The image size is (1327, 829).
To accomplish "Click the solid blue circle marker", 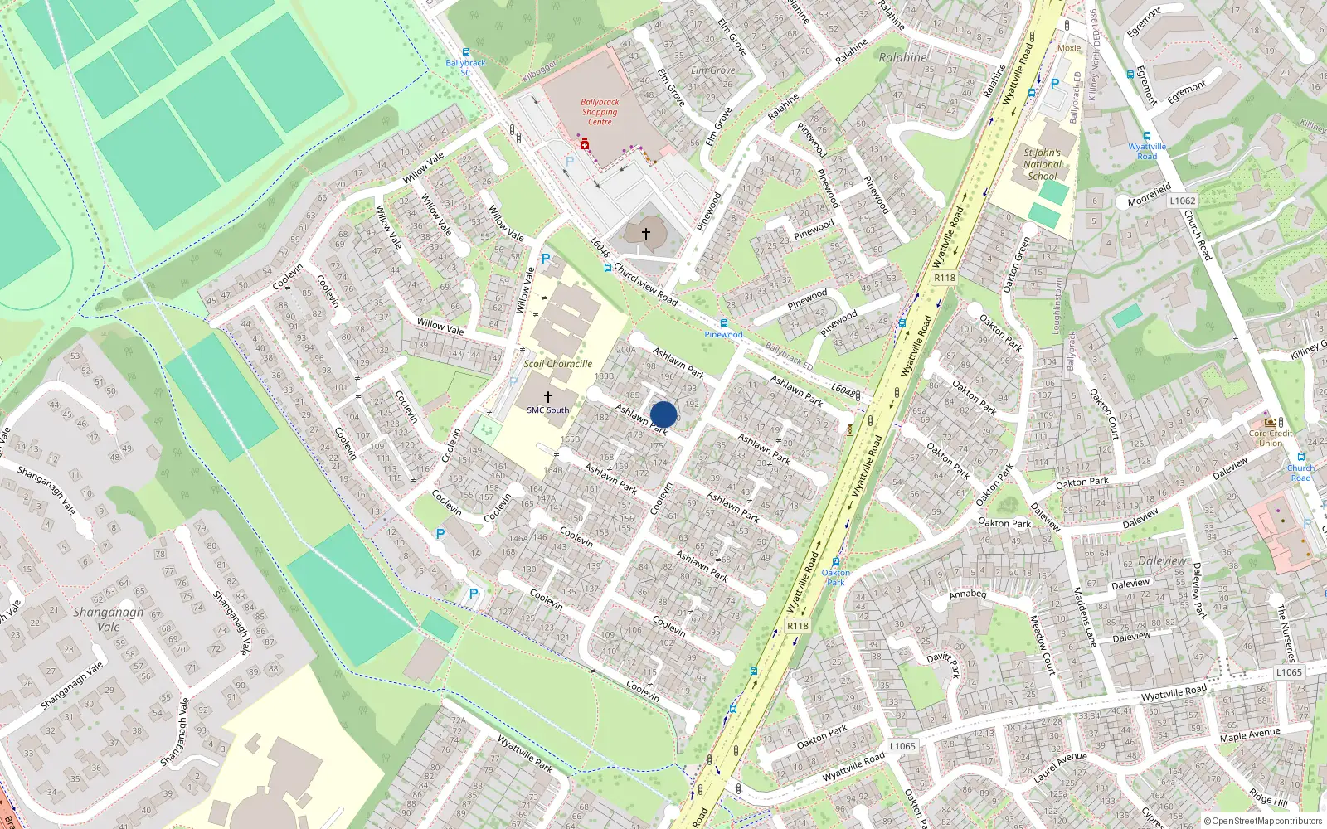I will pos(663,414).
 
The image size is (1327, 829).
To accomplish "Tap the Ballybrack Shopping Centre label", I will pos(600,112).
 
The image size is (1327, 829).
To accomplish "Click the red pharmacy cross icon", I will pos(585,145).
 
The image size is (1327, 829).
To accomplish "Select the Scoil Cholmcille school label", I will pos(558,364).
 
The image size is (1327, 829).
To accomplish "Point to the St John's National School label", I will pos(1043,164).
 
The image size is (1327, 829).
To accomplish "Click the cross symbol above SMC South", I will pos(547,398).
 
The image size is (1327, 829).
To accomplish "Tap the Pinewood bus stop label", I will pos(723,335).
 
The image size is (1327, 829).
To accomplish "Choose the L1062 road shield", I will pos(1183,201).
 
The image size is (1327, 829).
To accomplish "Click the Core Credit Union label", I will pos(1271,438).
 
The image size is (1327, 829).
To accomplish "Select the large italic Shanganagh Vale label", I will pos(108,619).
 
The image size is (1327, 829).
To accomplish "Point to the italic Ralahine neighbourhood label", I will pos(902,58).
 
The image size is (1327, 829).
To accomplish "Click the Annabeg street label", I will pos(967,594).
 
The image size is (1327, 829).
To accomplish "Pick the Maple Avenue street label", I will pos(1249,734).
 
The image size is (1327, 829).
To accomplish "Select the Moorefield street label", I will pos(1149,196).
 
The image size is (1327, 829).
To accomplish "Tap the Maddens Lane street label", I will pos(1085,617).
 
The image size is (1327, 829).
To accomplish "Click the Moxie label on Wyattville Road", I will pos(1068,48).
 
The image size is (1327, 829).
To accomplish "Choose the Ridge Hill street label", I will pos(1267,799).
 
